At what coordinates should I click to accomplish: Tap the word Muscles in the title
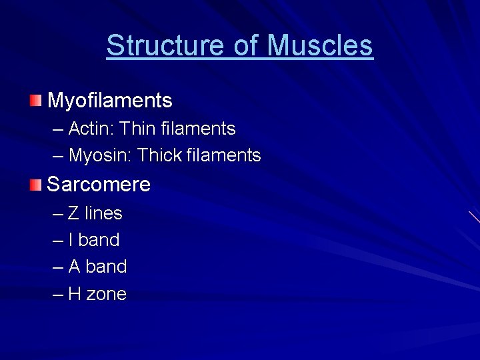320,45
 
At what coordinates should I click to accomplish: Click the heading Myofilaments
110,101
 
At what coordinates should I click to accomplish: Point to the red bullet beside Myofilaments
35,101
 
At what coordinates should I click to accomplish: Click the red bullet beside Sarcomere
35,184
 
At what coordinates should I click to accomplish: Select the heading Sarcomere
99,184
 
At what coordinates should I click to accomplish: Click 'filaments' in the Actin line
198,128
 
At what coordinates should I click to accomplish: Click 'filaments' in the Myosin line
224,155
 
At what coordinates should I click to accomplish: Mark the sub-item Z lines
95,213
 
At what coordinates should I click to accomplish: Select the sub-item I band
94,240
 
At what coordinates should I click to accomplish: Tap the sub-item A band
97,267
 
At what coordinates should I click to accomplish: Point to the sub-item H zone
97,294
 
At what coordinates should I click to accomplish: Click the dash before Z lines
57,214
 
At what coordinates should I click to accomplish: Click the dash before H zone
57,295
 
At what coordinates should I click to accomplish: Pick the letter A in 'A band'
74,267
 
